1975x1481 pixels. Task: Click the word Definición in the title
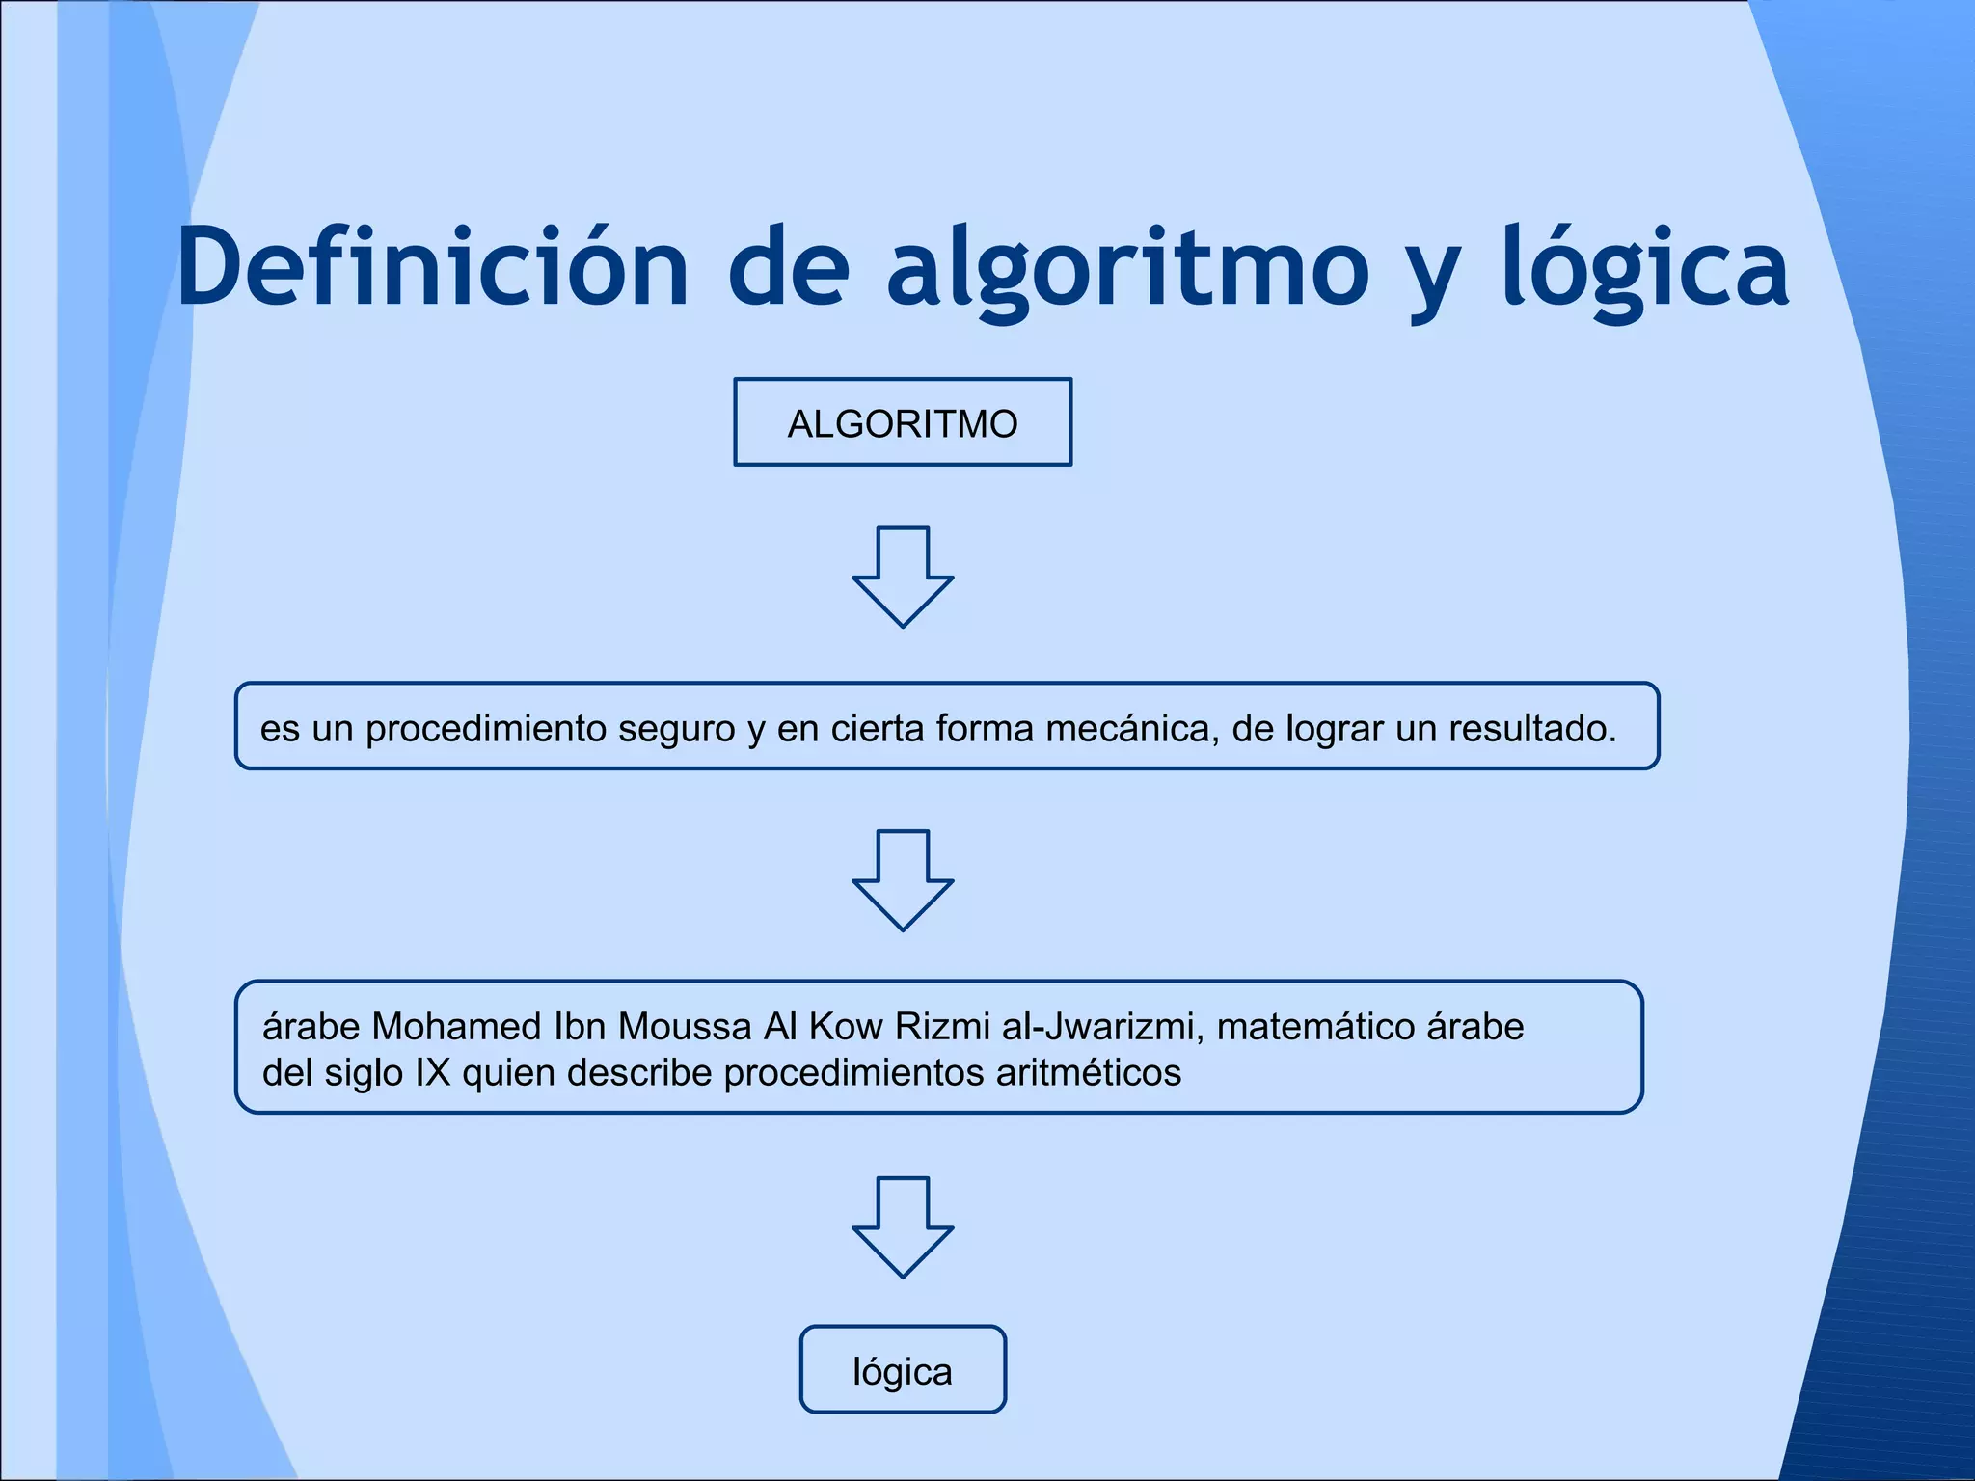[x=432, y=267]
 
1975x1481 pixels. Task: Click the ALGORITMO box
[x=903, y=423]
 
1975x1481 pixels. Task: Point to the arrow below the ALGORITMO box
[x=903, y=578]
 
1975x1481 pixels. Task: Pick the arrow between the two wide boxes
[x=903, y=880]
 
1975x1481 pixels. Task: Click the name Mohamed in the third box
[x=458, y=1027]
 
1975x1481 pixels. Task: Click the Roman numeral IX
[x=433, y=1072]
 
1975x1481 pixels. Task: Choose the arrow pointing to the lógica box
[x=903, y=1227]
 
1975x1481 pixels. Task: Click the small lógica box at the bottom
[x=903, y=1370]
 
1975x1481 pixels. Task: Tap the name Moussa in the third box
[x=685, y=1027]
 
